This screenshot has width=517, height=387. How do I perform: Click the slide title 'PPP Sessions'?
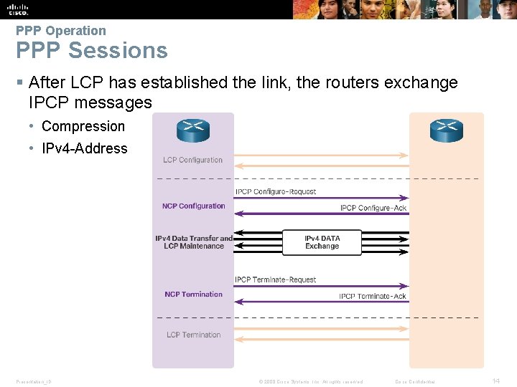92,51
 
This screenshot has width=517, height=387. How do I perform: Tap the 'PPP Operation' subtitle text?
61,31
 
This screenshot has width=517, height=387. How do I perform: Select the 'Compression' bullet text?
83,126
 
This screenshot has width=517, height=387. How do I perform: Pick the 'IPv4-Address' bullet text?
85,148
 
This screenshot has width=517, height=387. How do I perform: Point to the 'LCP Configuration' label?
193,160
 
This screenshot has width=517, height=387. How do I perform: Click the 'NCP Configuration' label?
194,206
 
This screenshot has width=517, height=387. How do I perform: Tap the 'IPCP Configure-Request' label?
276,192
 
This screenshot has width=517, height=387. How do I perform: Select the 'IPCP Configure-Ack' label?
373,209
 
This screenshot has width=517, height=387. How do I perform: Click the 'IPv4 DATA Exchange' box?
322,242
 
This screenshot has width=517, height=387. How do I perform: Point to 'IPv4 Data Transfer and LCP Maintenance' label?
194,242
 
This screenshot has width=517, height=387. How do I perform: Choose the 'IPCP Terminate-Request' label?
276,280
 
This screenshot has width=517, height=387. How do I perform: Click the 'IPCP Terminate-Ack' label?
373,297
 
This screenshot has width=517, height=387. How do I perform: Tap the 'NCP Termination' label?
194,295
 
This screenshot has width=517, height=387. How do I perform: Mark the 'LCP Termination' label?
194,335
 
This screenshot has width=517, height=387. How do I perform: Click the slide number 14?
495,381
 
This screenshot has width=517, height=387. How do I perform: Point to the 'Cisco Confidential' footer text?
416,382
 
